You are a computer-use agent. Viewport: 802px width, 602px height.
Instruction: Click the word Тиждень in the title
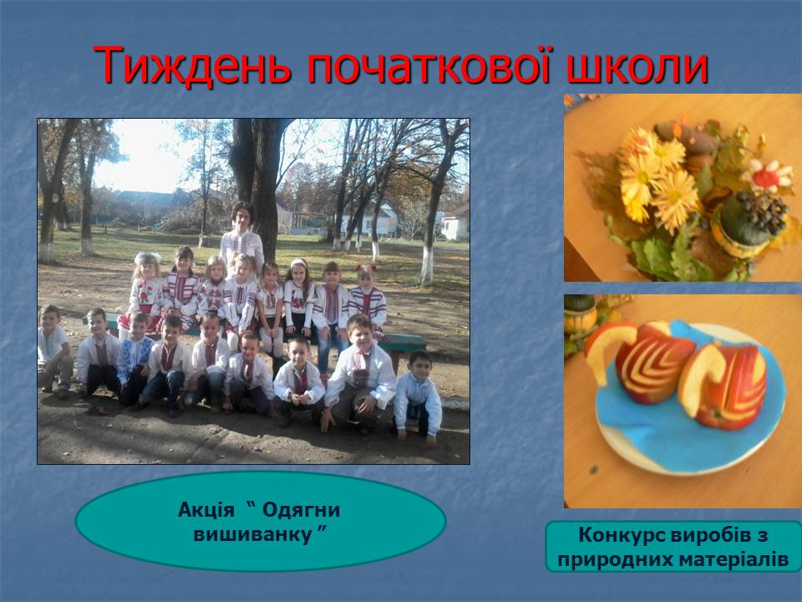(x=192, y=65)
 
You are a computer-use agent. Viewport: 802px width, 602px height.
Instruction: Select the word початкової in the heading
(x=431, y=65)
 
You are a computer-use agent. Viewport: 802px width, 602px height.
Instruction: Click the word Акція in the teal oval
(x=206, y=510)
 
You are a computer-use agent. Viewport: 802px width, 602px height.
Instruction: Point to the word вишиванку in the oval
(x=254, y=535)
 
